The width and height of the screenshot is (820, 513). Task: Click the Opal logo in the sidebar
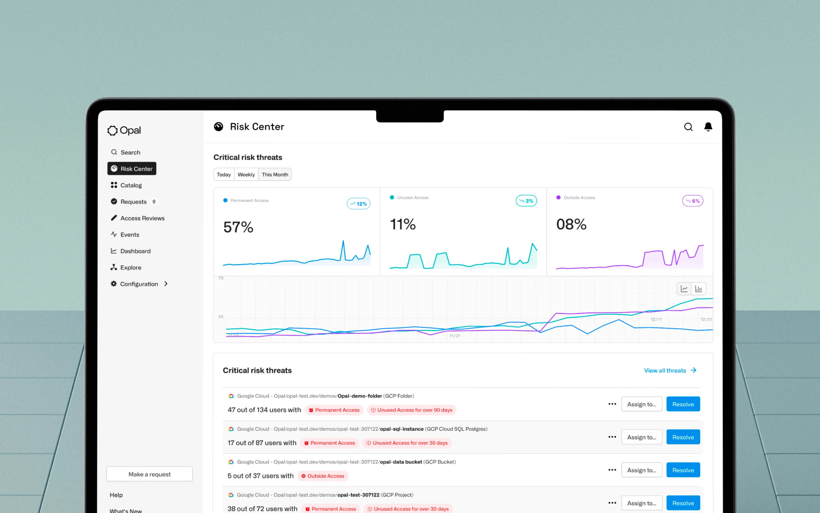124,130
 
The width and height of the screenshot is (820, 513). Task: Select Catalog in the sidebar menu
131,185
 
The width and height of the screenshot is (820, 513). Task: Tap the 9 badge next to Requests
154,201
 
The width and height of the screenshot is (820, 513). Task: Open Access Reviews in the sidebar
142,218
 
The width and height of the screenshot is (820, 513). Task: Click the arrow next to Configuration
166,284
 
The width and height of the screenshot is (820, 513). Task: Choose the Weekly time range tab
246,174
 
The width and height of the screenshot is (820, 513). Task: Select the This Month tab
275,174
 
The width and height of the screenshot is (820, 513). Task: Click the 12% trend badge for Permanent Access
358,203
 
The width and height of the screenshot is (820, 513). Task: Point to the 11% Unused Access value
403,224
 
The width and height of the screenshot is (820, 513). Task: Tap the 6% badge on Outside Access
693,201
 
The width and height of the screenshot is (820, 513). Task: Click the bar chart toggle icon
699,289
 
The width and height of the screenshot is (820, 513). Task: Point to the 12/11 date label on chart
656,319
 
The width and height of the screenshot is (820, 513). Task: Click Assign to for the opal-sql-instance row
641,437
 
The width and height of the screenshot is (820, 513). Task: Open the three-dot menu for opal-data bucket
612,470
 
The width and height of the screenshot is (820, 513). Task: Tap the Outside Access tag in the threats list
323,476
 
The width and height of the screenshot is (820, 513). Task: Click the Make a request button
149,474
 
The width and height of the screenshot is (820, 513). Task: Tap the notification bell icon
708,127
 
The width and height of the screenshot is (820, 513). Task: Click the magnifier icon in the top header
688,127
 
